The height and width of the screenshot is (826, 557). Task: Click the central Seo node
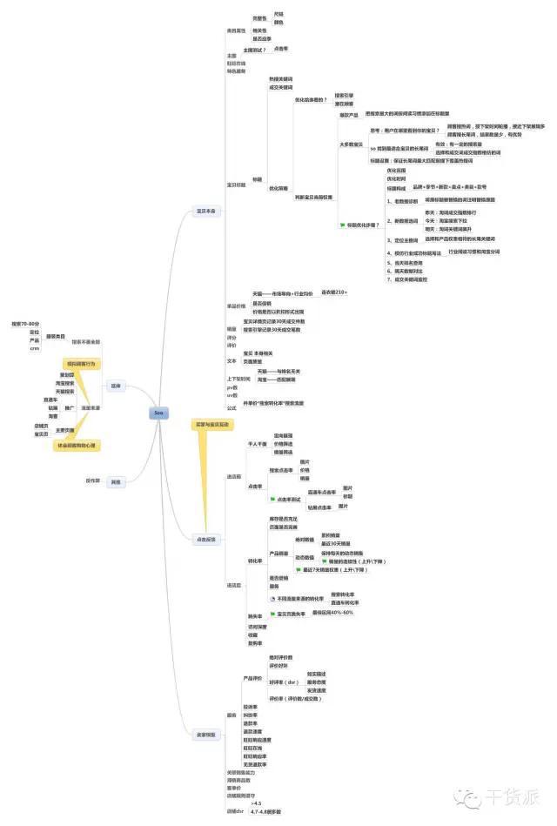pyautogui.click(x=158, y=413)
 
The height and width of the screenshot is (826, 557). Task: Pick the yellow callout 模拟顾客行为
pyautogui.click(x=81, y=363)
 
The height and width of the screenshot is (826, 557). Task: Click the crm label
pyautogui.click(x=34, y=348)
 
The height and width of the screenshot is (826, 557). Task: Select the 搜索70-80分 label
pyautogui.click(x=25, y=323)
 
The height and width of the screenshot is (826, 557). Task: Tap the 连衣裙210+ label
pyautogui.click(x=334, y=292)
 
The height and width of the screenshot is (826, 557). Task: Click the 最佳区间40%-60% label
pyautogui.click(x=332, y=612)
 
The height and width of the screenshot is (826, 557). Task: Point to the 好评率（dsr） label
pyautogui.click(x=284, y=682)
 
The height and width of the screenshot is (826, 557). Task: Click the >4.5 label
pyautogui.click(x=256, y=802)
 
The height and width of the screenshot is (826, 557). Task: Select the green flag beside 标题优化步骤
pyautogui.click(x=342, y=225)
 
